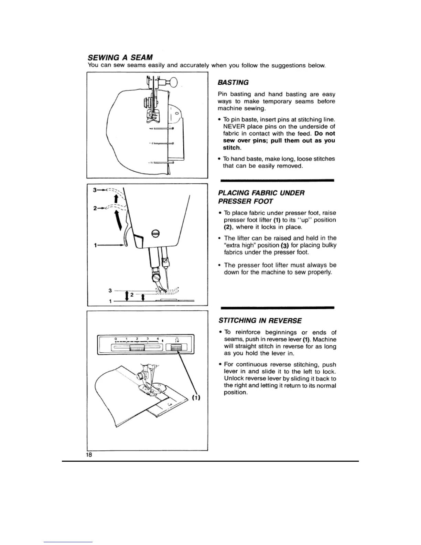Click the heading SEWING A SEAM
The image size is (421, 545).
point(120,56)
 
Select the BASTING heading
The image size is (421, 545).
point(233,83)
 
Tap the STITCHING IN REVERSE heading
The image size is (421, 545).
point(260,321)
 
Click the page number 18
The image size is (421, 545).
point(89,455)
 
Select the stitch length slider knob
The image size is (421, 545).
point(137,348)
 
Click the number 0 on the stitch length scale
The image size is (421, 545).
point(116,339)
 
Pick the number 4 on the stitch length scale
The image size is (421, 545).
point(157,339)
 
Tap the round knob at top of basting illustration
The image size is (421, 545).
point(172,83)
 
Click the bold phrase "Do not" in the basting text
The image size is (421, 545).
point(325,133)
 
